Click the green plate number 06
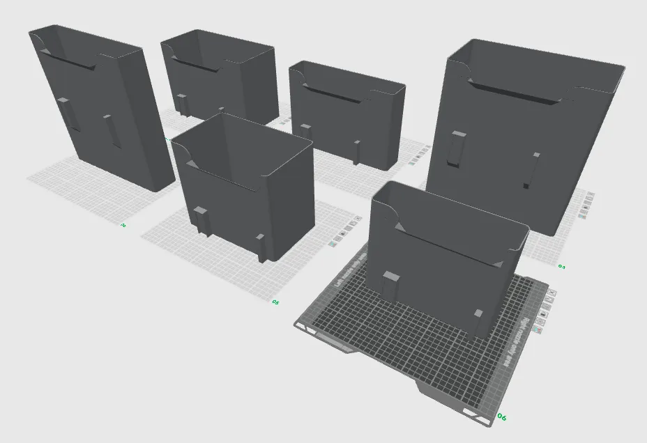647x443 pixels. click(501, 417)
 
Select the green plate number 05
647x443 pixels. click(275, 302)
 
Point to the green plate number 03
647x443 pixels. click(561, 266)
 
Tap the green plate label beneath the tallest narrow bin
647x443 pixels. click(123, 225)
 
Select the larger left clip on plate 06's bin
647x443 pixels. click(390, 286)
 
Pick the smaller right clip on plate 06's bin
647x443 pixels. click(478, 321)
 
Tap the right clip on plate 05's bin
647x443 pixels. click(261, 248)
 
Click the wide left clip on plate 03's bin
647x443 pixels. click(457, 148)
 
